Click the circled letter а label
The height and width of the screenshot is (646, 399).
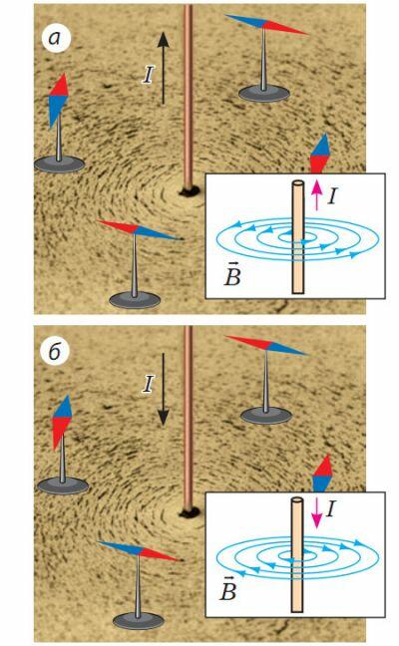point(56,38)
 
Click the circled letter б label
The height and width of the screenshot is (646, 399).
point(55,352)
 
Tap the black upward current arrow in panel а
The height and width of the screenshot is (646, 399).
point(164,68)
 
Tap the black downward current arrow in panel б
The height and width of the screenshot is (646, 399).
point(164,389)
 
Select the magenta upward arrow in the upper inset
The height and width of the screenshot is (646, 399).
point(316,194)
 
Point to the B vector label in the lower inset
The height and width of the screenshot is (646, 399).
point(228,589)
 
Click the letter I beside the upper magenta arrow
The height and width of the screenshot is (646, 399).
point(332,196)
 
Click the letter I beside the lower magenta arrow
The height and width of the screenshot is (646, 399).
point(331,509)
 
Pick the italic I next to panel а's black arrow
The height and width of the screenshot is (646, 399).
point(149,75)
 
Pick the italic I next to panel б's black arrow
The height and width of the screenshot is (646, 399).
point(149,385)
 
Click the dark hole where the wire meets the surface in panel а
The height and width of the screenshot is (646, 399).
point(190,190)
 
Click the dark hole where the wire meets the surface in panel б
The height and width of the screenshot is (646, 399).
point(190,512)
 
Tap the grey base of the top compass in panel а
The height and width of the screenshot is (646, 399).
point(263,94)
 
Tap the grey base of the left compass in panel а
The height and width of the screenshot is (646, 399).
point(59,163)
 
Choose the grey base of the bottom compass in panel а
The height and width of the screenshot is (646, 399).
point(135,299)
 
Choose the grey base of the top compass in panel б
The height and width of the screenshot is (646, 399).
point(266,415)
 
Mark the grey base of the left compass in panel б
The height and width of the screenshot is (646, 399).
point(63,485)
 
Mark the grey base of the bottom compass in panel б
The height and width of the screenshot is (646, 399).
point(138,621)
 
